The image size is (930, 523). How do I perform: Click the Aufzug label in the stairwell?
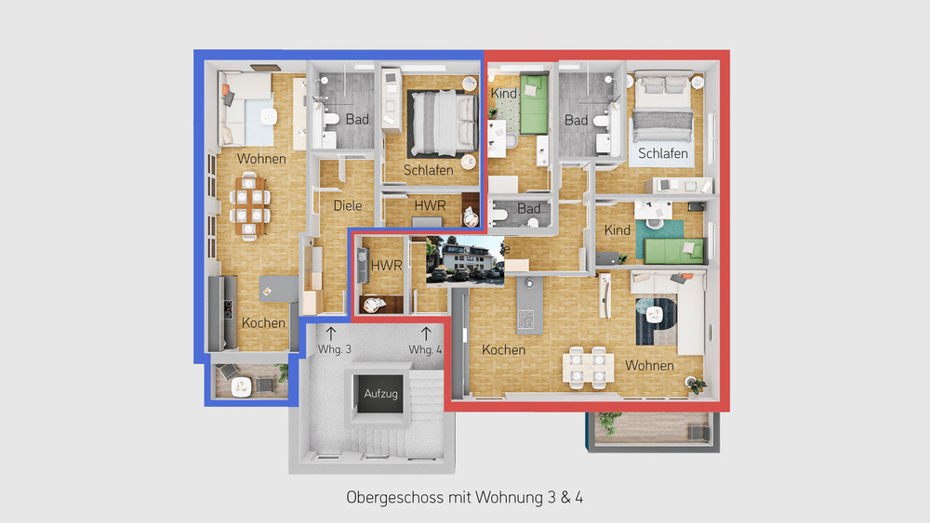coord(381,394)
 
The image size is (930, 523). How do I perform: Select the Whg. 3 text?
coord(335,349)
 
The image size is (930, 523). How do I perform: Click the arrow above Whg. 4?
coord(426,331)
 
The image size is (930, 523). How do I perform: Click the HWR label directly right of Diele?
coord(430,204)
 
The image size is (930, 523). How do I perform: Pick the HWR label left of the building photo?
coord(385,265)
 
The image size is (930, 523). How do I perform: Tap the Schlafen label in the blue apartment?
coord(428,170)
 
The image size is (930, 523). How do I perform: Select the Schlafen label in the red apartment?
coord(663,153)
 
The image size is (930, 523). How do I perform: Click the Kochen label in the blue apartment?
coord(263,323)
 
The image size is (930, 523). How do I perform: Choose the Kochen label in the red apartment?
coord(503,350)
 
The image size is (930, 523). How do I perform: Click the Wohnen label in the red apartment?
coord(649,365)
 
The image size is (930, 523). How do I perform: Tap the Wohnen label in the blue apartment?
coord(261,159)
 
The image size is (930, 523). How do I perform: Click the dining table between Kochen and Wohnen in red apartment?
coord(588,366)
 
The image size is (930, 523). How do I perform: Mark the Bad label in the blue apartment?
coord(357,119)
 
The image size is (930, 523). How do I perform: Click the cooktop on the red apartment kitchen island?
coord(526,319)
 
